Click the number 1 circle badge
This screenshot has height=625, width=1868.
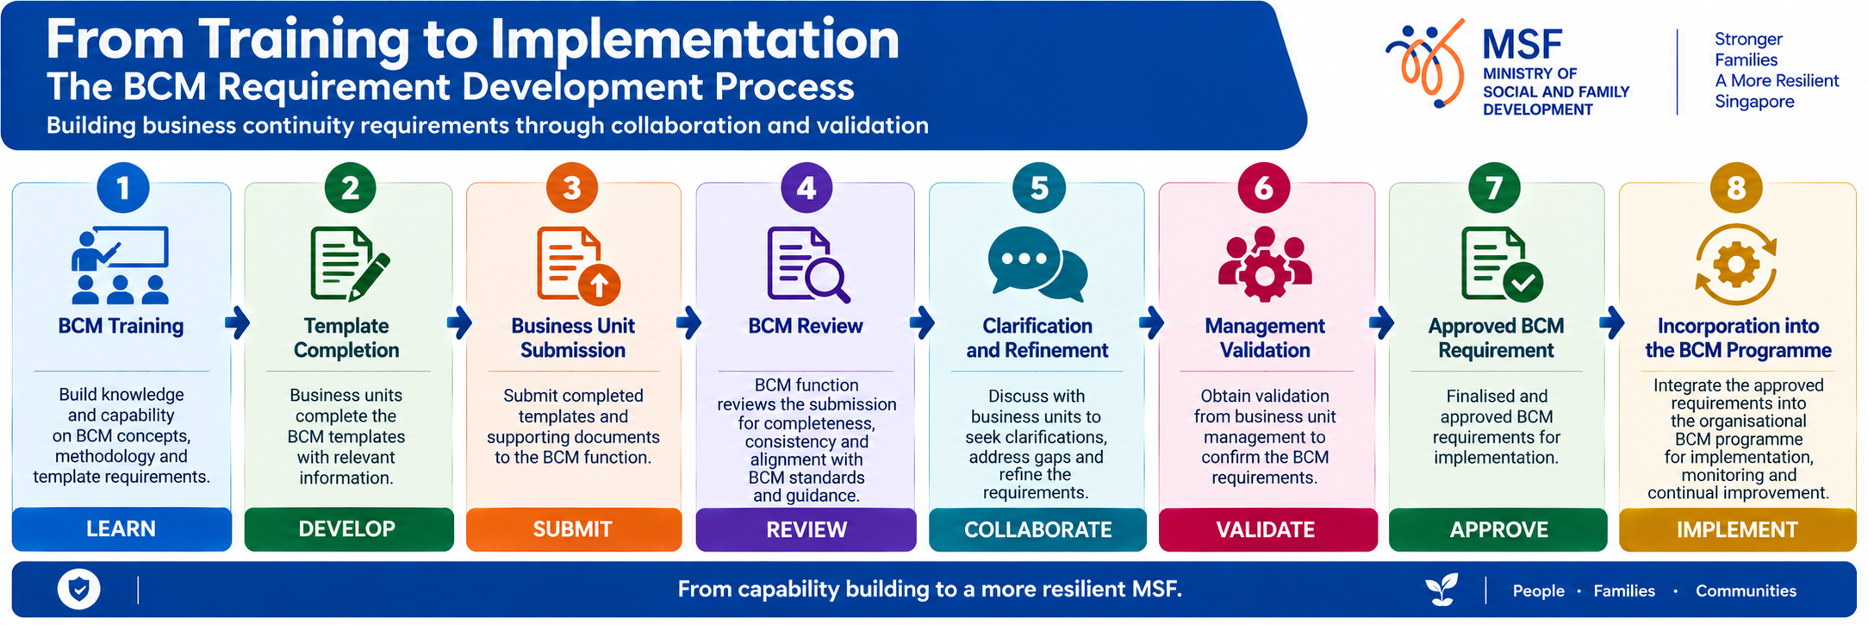(122, 188)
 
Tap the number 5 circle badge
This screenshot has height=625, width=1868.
(1039, 188)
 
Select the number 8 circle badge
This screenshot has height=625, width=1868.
(1736, 188)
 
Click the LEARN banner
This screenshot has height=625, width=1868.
(121, 529)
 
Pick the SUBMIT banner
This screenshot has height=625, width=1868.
(574, 529)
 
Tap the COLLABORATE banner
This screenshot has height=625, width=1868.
(1037, 529)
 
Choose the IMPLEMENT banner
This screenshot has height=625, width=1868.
(1737, 529)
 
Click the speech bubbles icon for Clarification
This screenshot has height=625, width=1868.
(1037, 264)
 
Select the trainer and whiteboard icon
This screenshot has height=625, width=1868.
(120, 266)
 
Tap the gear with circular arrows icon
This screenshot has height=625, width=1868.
(1736, 265)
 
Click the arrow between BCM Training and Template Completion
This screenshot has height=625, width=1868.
(238, 323)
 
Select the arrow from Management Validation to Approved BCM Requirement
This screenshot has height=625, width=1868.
(1381, 323)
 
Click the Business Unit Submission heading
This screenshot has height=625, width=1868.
(573, 338)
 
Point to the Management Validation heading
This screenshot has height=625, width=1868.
(1265, 338)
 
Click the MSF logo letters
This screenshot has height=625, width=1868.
(1522, 45)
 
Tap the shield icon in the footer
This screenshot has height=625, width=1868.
(79, 590)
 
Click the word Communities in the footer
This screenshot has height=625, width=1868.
(1746, 591)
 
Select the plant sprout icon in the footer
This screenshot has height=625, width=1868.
(1441, 590)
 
